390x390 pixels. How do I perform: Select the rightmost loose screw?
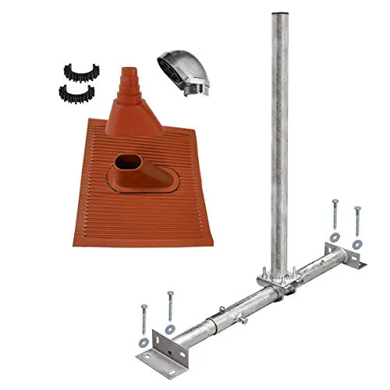click(x=357, y=222)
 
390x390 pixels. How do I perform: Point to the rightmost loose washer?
click(x=356, y=244)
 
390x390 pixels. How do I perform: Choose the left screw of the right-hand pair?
click(x=335, y=212)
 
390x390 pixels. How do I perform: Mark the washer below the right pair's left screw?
click(x=334, y=236)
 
